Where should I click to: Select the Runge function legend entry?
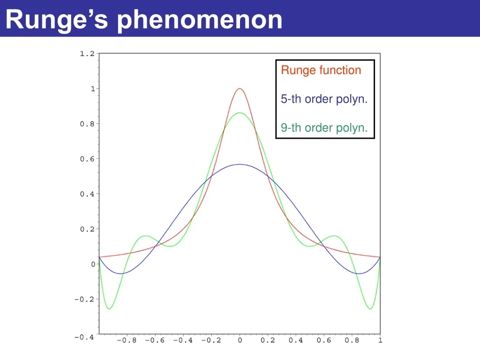click(x=321, y=70)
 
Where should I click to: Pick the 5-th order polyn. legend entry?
click(x=324, y=99)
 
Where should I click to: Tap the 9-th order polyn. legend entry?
click(x=324, y=128)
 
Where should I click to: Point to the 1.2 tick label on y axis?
click(x=87, y=54)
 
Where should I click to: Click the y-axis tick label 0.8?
click(x=87, y=124)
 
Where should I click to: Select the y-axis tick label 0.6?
click(x=87, y=159)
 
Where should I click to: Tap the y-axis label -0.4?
click(x=84, y=337)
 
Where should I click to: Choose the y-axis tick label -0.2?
click(x=84, y=300)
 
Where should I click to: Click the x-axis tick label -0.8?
click(x=127, y=340)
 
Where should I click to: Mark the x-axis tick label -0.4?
click(x=183, y=340)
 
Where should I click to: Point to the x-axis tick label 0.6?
click(x=324, y=340)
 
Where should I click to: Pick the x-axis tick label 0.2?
click(x=268, y=340)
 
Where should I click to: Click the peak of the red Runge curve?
click(x=240, y=89)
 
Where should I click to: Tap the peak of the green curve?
click(x=240, y=113)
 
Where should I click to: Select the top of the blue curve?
click(x=240, y=165)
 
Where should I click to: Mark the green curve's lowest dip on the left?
click(x=109, y=308)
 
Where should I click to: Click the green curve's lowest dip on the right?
click(x=370, y=308)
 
